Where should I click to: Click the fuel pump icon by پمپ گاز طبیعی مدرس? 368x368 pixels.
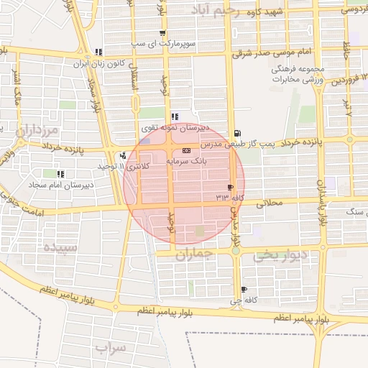237,133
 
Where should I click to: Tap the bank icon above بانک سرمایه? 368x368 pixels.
186,151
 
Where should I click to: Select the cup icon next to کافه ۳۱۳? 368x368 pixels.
230,186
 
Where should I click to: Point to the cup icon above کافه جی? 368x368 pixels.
244,287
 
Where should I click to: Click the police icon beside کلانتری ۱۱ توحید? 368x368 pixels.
124,155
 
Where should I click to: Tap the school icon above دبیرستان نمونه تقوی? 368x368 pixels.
175,116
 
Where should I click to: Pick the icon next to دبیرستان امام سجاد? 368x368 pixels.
60,173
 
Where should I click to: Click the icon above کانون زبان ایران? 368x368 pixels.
98,52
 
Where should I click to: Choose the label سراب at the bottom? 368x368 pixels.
110,347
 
